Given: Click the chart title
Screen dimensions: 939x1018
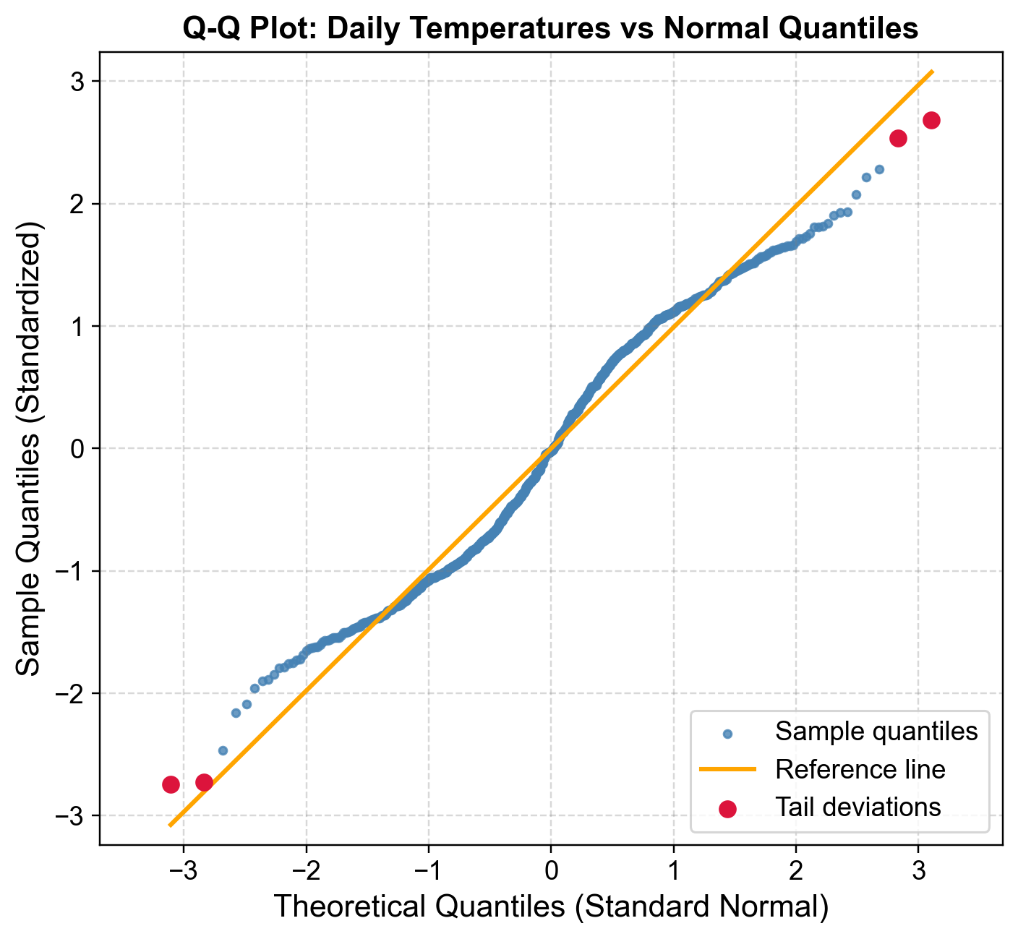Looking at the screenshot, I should coord(550,29).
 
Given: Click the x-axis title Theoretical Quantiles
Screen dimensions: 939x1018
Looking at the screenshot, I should coord(550,906).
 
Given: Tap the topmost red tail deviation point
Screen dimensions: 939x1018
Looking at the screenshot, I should coord(931,121).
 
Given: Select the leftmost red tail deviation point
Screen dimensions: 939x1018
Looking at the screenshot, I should coord(171,784).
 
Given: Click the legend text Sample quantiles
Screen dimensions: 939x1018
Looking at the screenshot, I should coord(876,732).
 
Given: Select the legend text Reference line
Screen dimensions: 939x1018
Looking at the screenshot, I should coord(860,769).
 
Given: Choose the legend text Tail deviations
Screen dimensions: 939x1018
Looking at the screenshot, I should coord(857,807).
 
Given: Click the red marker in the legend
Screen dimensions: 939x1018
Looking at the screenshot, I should coord(728,808).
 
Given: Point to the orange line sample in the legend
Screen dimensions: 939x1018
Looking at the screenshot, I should coord(728,770).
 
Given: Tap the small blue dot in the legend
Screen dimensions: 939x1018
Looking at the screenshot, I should coord(728,734).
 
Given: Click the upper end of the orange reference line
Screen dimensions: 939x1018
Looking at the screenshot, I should coord(932,72).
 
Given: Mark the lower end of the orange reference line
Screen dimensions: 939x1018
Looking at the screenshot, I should coord(170,825).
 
